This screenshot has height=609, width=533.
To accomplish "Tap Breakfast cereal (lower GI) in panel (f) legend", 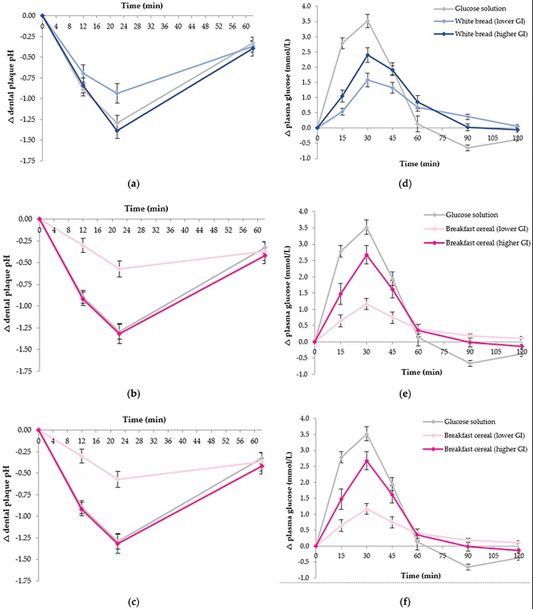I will pyautogui.click(x=475, y=436).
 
